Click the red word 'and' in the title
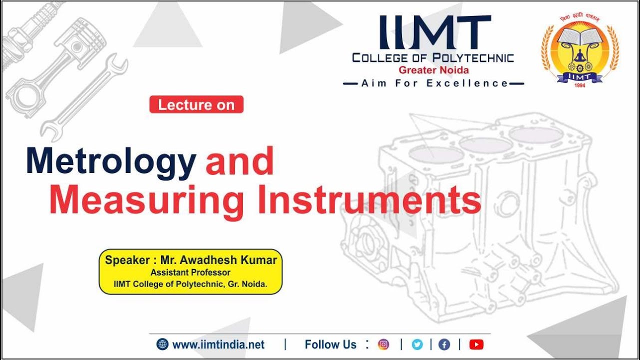tap(239, 161)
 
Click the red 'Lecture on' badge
tap(196, 104)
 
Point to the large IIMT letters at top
tap(434, 32)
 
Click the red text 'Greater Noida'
tap(433, 70)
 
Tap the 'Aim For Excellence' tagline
tap(434, 83)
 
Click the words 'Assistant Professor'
tap(190, 272)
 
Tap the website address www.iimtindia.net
tap(218, 344)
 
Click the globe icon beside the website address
tap(162, 344)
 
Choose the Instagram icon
tap(383, 344)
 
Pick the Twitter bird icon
tap(417, 344)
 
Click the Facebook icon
tap(444, 344)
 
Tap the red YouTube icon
tap(476, 344)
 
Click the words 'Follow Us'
tap(330, 344)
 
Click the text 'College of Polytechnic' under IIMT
tap(433, 58)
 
